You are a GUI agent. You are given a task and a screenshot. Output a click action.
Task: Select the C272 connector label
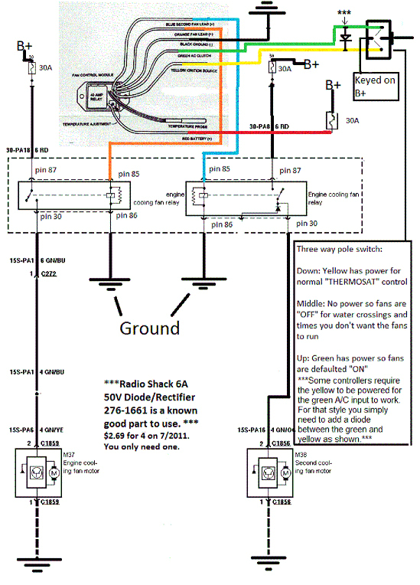[51, 273]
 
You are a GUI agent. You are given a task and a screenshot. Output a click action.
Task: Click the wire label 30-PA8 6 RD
[270, 126]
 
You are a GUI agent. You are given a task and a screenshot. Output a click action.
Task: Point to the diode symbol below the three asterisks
[345, 36]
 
